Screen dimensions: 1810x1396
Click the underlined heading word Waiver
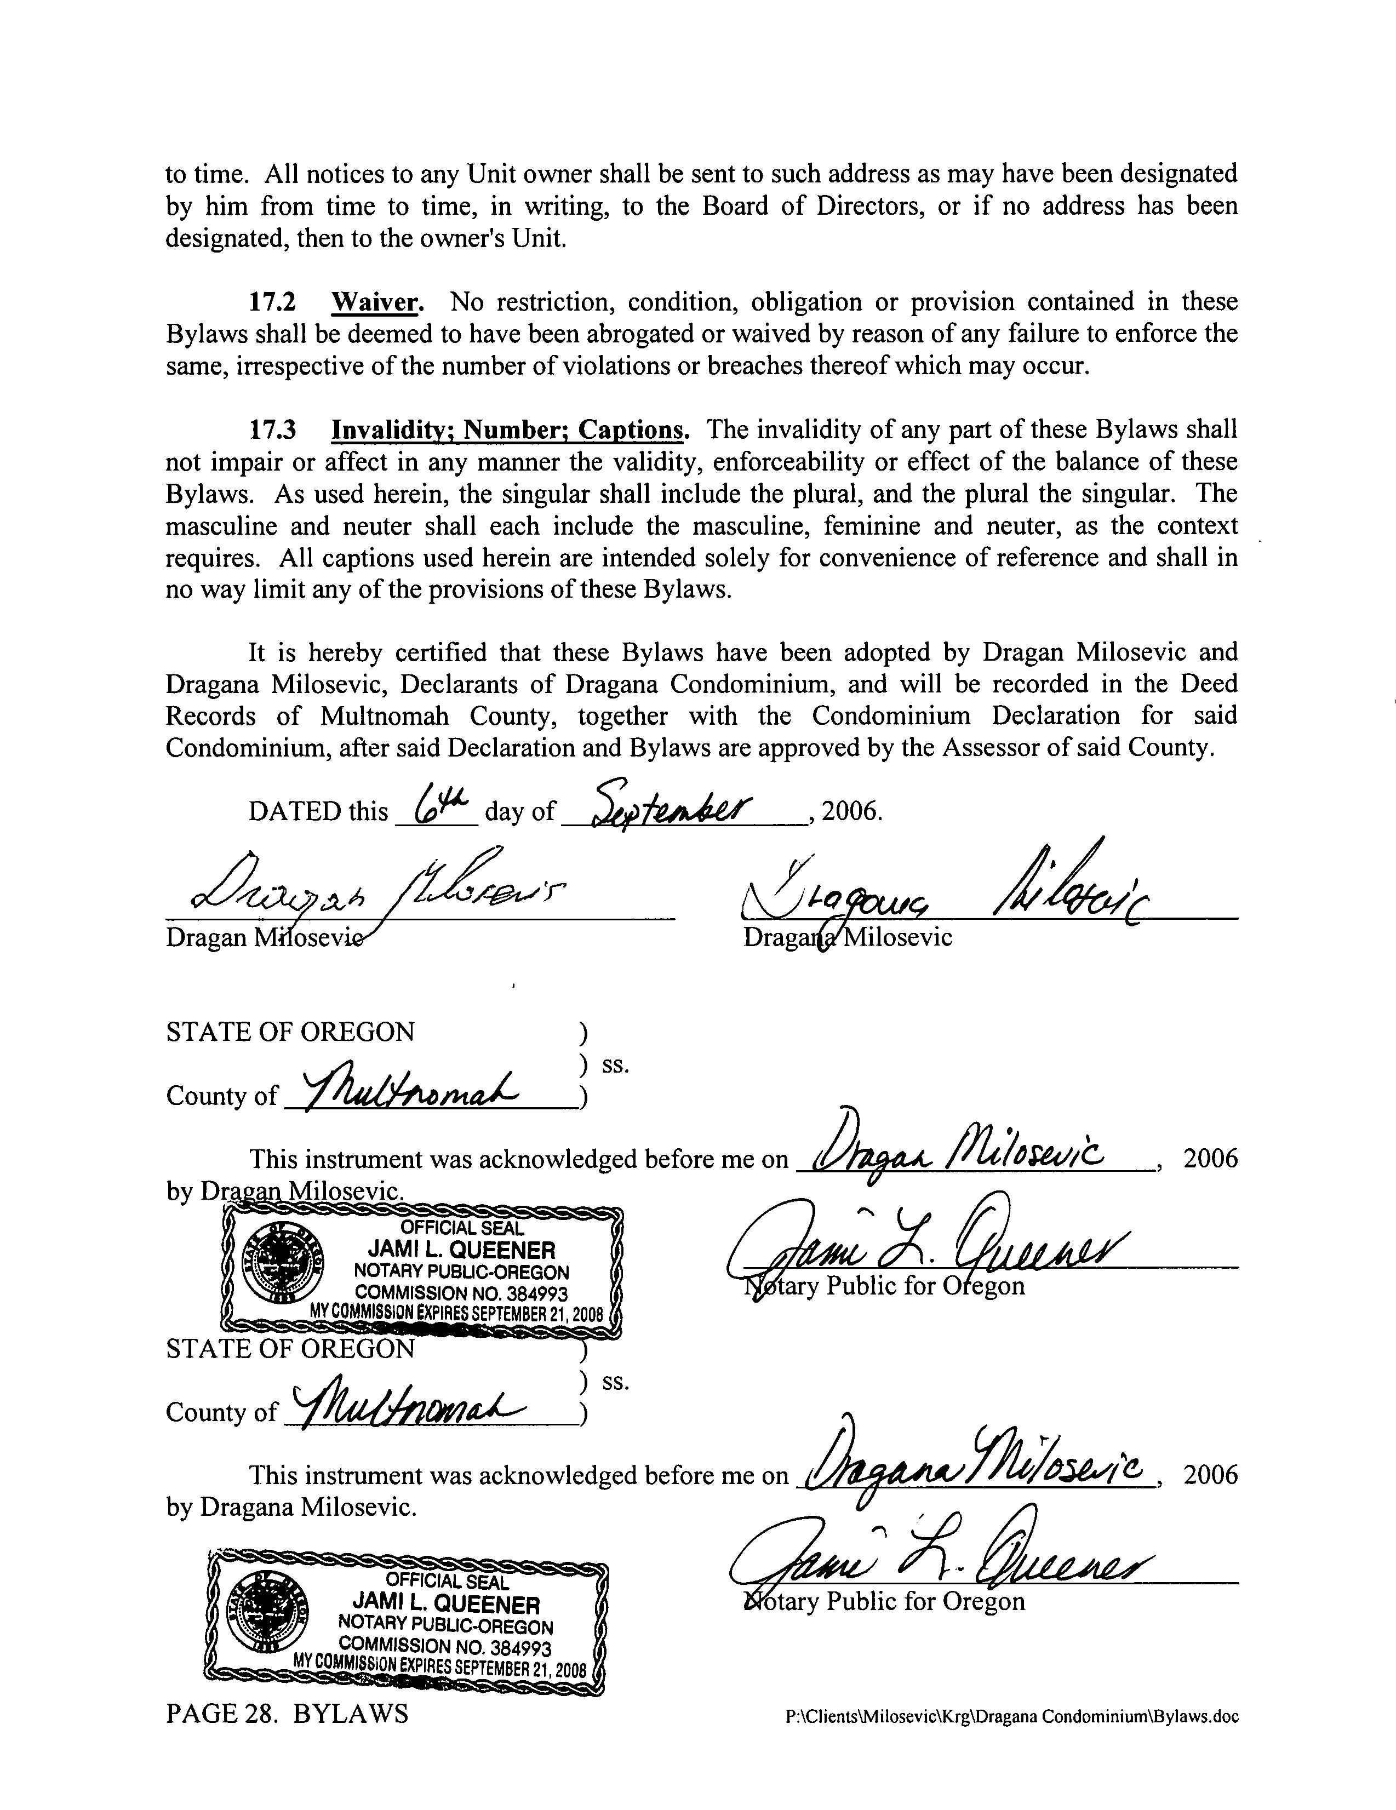(376, 302)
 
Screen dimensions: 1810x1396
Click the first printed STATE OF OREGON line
(290, 1032)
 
